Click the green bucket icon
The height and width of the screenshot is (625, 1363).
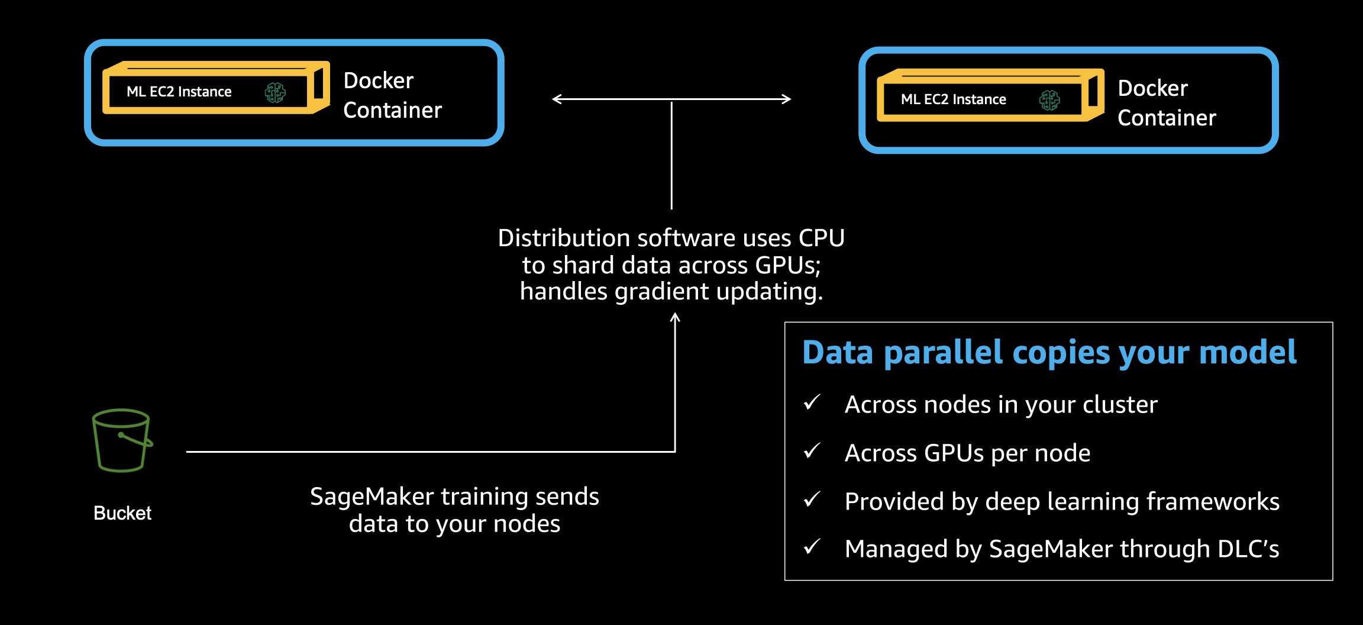point(122,440)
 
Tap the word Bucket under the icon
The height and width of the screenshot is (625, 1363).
point(122,513)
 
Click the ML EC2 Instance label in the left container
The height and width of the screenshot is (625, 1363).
point(179,92)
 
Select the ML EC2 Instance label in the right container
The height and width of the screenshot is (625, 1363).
point(953,99)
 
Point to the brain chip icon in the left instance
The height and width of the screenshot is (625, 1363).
point(275,92)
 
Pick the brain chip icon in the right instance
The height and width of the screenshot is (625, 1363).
point(1049,100)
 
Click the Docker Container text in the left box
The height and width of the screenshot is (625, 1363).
point(392,95)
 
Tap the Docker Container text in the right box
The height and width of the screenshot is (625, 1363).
point(1167,103)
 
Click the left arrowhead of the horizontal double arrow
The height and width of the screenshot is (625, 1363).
point(557,99)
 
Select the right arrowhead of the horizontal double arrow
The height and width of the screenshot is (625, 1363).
point(787,99)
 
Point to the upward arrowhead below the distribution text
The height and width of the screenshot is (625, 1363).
point(675,318)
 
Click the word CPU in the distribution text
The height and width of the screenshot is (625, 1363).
point(821,238)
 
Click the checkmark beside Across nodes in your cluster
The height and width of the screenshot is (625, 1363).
point(812,402)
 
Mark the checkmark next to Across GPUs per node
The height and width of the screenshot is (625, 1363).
point(812,451)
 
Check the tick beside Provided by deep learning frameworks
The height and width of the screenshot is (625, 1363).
point(812,500)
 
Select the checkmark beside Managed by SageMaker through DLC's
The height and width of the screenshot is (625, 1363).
point(812,547)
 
